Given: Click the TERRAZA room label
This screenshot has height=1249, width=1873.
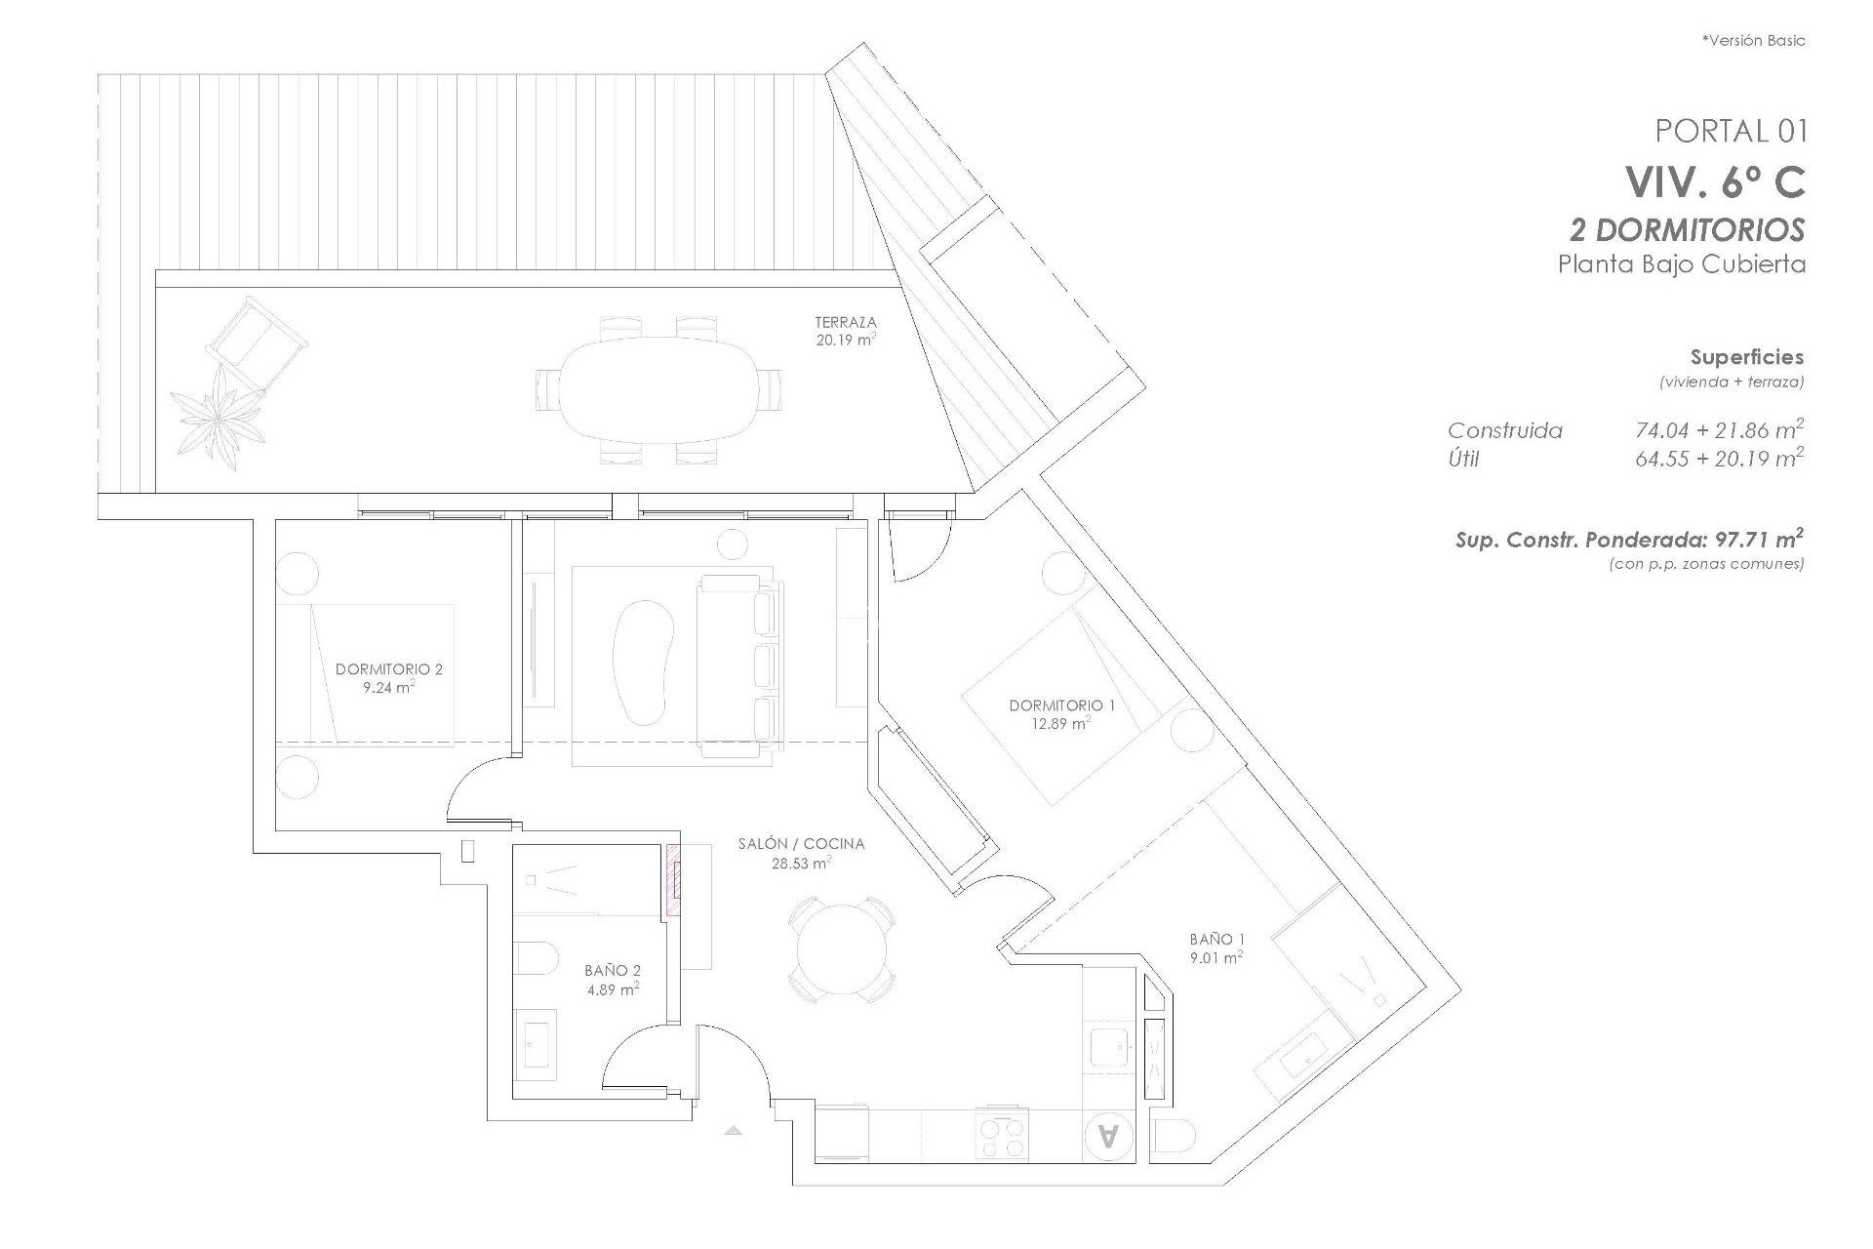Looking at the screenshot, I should (x=846, y=322).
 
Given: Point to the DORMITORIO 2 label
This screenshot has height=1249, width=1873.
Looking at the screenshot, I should (x=388, y=669).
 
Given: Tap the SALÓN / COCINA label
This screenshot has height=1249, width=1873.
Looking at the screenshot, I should (x=801, y=844).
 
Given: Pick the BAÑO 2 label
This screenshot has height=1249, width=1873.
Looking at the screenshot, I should (x=612, y=971).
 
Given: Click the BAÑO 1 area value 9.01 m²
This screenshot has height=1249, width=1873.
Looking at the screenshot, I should (x=1216, y=958).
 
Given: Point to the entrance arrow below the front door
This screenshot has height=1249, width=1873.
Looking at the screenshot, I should (x=734, y=1130).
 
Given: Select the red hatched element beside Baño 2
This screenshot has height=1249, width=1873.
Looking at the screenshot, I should (x=673, y=881).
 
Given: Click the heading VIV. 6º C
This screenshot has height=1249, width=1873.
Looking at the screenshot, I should (x=1714, y=181).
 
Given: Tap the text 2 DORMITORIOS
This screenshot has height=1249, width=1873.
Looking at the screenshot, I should (x=1687, y=230).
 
